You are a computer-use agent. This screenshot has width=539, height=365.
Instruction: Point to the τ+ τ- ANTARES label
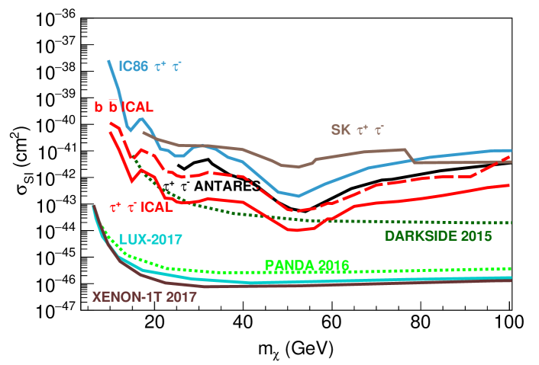coord(212,185)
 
